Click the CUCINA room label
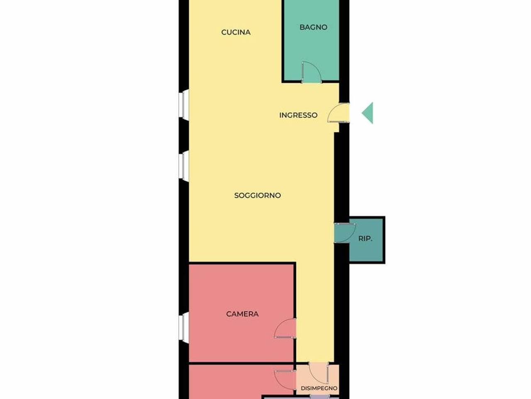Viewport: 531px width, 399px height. [x=236, y=32]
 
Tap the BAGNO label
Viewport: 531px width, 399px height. [x=313, y=27]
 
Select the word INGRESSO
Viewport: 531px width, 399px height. [x=298, y=115]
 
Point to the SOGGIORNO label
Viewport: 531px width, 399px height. [x=257, y=195]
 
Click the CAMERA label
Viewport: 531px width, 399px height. [x=242, y=314]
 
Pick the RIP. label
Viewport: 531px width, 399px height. [x=365, y=239]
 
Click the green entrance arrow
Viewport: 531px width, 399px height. [x=368, y=113]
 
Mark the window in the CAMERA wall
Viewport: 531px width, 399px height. [x=184, y=328]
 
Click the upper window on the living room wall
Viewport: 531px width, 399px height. [x=184, y=105]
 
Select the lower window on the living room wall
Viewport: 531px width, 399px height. [x=184, y=166]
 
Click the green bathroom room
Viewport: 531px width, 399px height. [x=312, y=40]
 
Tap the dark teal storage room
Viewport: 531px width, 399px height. [x=366, y=240]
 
